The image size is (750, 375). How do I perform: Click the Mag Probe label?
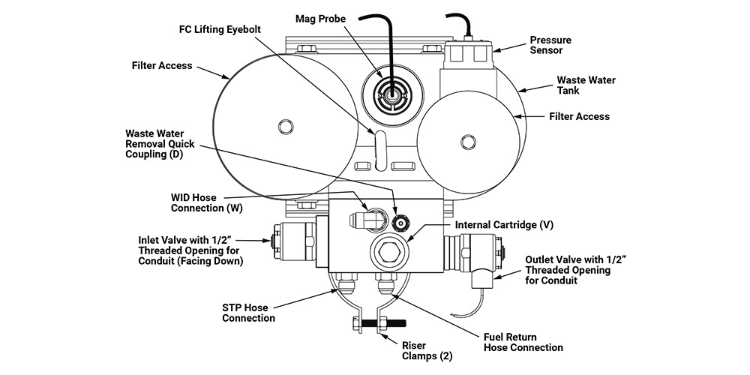[320, 19]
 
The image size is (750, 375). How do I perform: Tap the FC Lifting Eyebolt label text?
[220, 29]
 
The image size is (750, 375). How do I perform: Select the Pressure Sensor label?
[550, 45]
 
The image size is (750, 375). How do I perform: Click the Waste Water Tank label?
[586, 85]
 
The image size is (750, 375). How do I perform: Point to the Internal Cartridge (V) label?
[504, 225]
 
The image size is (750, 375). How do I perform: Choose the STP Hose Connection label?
[249, 313]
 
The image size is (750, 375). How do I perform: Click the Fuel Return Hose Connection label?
[523, 343]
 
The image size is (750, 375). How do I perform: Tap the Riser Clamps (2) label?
[427, 350]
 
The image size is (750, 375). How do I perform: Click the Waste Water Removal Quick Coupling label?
[160, 144]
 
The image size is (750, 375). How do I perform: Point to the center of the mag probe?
[391, 94]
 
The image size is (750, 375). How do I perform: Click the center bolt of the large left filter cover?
[285, 127]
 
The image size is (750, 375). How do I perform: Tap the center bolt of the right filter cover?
[468, 141]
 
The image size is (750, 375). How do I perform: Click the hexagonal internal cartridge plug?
[387, 250]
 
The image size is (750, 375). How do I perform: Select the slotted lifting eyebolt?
[380, 149]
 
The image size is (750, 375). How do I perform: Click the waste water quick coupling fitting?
[400, 223]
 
